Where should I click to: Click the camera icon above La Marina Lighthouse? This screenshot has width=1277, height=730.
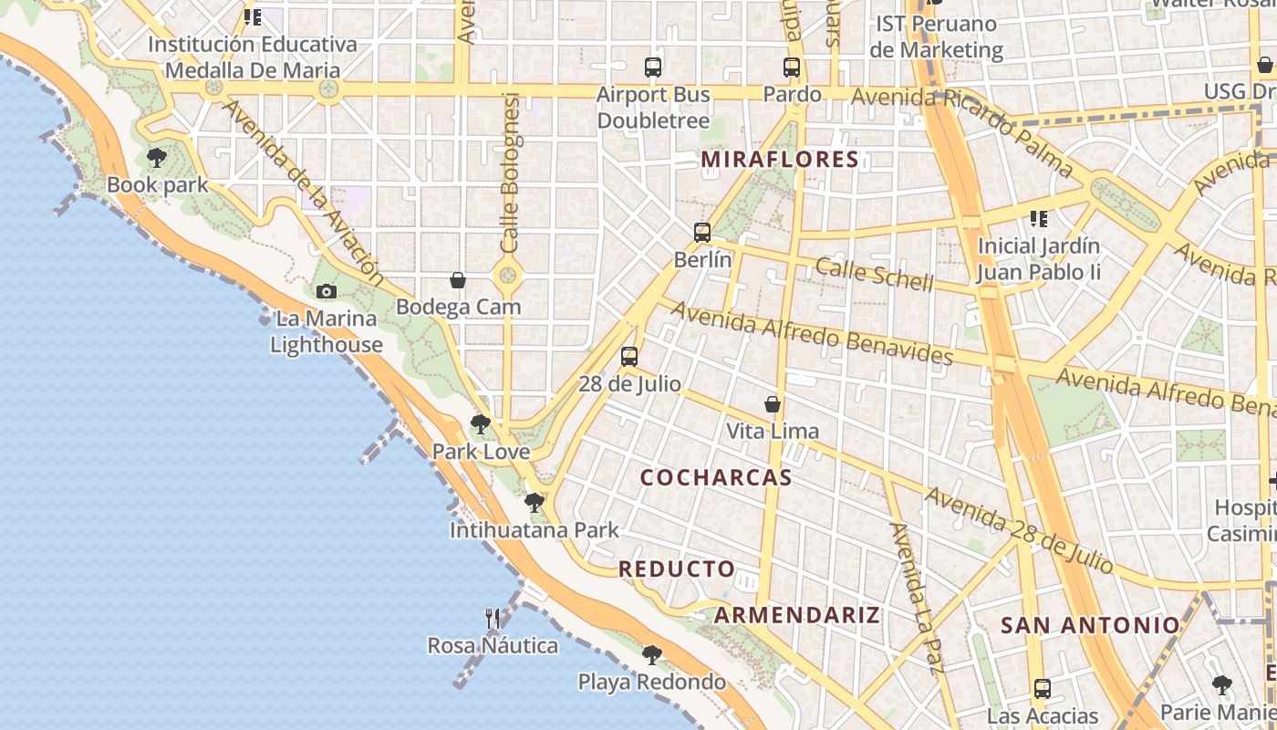click(x=326, y=292)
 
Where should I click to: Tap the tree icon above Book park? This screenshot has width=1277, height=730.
click(x=157, y=158)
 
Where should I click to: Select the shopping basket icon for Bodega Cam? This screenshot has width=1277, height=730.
click(x=458, y=280)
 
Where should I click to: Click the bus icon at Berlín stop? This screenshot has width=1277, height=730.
click(x=701, y=233)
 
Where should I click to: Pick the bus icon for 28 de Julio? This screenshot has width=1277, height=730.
click(x=629, y=357)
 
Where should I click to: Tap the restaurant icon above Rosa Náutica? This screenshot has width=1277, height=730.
click(x=493, y=619)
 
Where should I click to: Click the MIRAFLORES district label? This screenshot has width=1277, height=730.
click(x=780, y=160)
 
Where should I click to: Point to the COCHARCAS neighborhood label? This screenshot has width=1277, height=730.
click(x=716, y=478)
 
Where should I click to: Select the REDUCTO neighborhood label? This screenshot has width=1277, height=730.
click(x=677, y=569)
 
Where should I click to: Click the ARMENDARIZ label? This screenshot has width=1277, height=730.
click(x=797, y=615)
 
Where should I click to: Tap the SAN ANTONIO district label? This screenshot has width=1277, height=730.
click(x=1090, y=626)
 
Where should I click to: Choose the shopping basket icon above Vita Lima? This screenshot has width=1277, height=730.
click(x=773, y=404)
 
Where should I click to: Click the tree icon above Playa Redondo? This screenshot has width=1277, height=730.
click(x=651, y=654)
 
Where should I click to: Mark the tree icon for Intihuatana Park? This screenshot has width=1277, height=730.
click(x=535, y=502)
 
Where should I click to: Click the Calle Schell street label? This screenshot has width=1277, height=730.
click(x=875, y=275)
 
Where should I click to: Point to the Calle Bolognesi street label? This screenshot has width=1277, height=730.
click(x=510, y=173)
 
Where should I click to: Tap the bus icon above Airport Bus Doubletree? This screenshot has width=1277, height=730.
click(x=653, y=67)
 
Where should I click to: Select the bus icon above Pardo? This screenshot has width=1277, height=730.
click(x=792, y=67)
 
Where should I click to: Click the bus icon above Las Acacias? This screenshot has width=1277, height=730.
click(x=1043, y=689)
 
